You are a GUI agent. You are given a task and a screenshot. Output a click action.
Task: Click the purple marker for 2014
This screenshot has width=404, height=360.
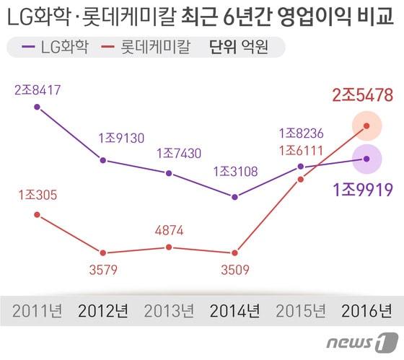tap(234, 196)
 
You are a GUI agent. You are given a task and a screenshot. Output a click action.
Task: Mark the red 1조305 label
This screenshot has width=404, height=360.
tap(37, 195)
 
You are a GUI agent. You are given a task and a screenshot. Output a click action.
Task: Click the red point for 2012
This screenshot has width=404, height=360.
tap(103, 253)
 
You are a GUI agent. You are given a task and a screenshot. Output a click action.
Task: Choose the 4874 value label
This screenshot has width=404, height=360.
tap(169, 231)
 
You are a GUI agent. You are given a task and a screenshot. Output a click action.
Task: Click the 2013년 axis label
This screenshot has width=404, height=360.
tap(169, 312)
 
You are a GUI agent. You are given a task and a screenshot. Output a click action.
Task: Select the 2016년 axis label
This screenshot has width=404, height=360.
tap(366, 312)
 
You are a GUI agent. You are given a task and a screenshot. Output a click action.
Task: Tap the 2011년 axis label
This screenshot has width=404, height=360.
tap(37, 312)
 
